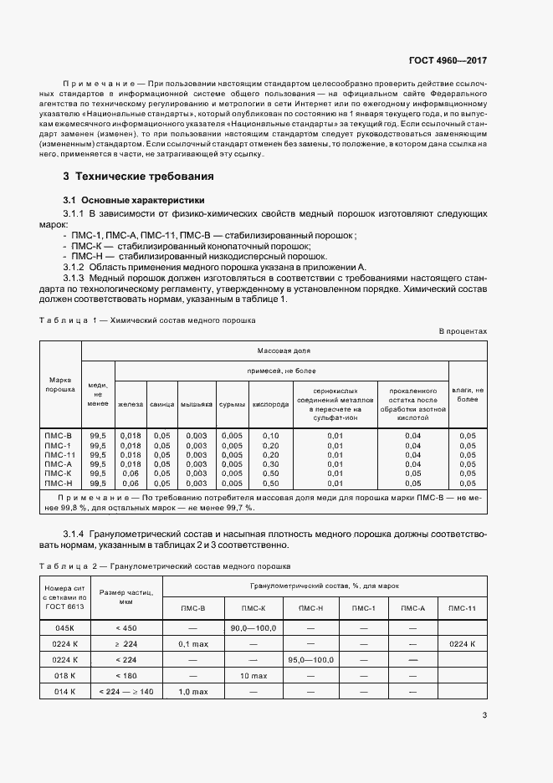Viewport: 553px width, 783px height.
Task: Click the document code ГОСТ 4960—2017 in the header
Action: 448,60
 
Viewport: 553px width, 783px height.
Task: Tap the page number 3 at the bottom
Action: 485,714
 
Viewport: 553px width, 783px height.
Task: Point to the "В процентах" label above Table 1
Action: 463,332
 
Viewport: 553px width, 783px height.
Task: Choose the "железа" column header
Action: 131,404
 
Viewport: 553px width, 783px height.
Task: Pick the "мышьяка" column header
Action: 196,404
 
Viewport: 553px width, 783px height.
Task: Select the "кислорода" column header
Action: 270,404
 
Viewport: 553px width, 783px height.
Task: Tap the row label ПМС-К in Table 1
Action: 59,473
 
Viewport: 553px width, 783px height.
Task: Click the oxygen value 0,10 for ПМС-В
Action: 270,436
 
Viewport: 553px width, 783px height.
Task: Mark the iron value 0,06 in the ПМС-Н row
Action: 131,483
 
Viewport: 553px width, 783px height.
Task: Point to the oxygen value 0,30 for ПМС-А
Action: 270,463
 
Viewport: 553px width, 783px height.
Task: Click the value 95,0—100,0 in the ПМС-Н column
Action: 310,659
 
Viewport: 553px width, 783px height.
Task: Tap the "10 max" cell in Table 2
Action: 253,675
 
